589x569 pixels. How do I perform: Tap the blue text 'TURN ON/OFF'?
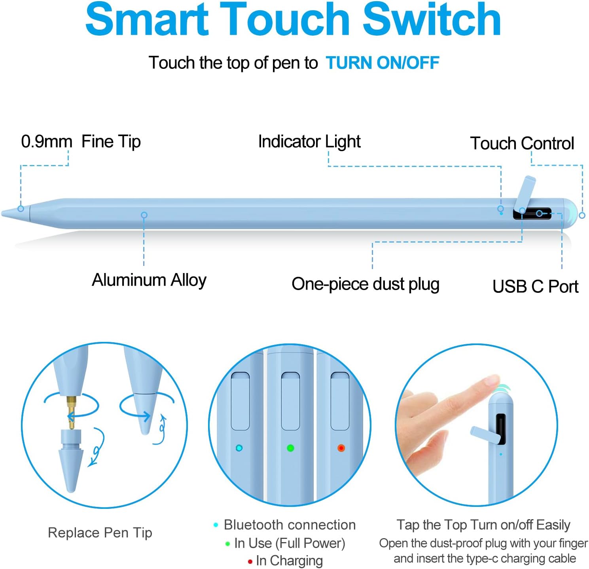[x=382, y=63]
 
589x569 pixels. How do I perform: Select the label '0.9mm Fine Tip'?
[x=81, y=142]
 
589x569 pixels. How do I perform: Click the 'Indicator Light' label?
[x=309, y=142]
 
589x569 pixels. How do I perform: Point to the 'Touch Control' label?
[x=521, y=143]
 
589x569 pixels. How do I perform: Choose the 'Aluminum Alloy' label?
[x=149, y=280]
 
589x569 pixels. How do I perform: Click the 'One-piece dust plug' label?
[x=365, y=284]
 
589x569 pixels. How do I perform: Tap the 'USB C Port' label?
[x=535, y=286]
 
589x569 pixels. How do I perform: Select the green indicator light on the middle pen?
[x=290, y=448]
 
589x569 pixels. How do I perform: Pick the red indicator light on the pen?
[x=341, y=448]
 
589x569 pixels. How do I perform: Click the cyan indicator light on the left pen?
[x=239, y=448]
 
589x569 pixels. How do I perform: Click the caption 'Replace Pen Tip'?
[x=100, y=533]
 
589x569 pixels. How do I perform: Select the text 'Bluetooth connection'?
[x=290, y=525]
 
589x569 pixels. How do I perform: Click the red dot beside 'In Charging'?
[x=250, y=561]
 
